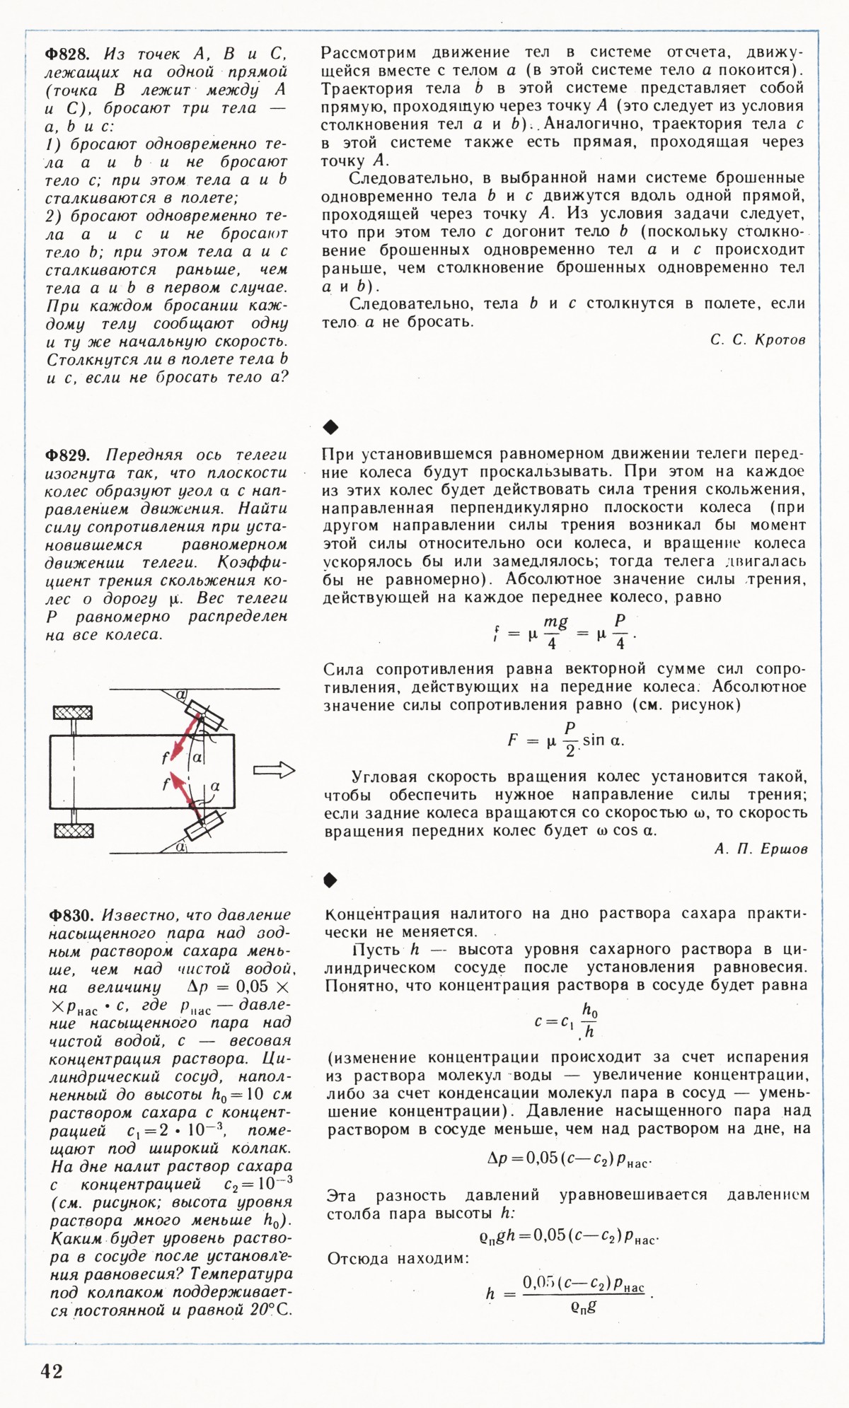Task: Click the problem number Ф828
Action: point(67,54)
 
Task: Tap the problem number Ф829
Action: point(68,455)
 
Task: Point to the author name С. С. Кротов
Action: point(758,340)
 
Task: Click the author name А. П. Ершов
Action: point(761,849)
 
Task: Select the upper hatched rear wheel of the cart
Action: point(74,711)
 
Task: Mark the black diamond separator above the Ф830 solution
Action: point(330,880)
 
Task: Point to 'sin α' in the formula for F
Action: point(603,740)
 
